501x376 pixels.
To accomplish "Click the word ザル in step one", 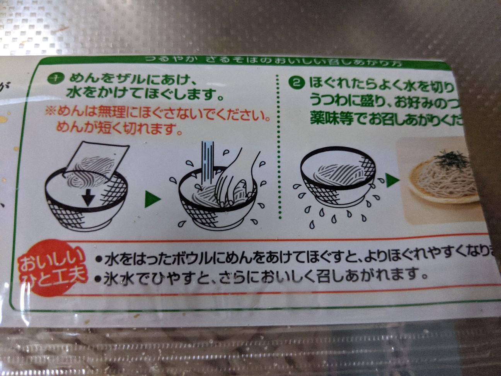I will point(120,79).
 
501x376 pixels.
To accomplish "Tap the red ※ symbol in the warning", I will point(51,112).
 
